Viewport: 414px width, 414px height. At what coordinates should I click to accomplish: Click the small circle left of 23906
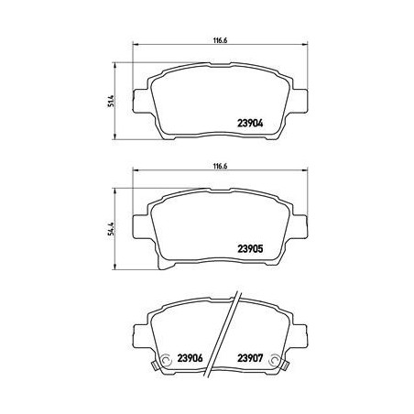167,359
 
